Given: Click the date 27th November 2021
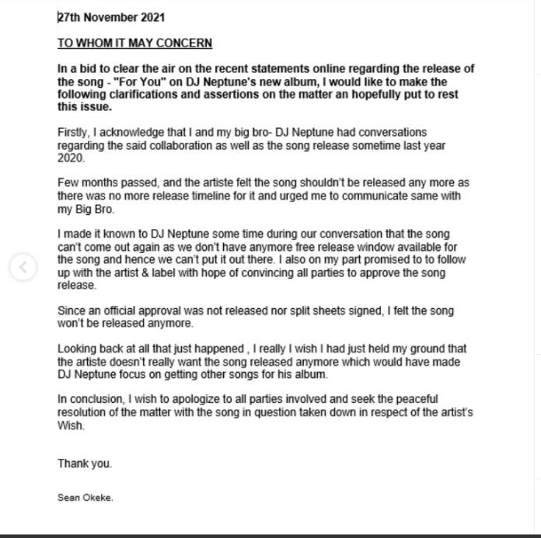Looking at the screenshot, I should (111, 17).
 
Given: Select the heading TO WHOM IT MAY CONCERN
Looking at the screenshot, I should (134, 43).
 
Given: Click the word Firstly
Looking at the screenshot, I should (73, 133).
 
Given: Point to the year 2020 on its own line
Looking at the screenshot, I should (71, 158).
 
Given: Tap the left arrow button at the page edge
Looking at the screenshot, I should (23, 268).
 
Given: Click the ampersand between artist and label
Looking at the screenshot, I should (155, 272).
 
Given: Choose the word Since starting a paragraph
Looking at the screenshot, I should (72, 311).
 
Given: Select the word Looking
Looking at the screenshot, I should (77, 349).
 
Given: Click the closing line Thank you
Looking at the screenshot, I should (85, 463).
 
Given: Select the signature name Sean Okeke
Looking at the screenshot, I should (85, 498).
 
